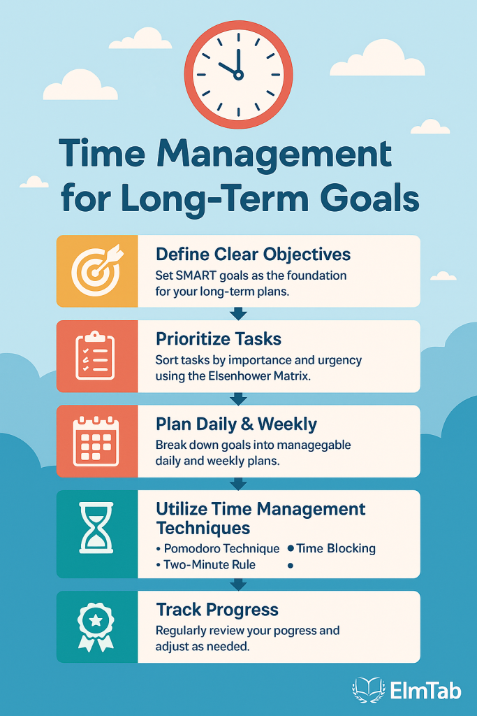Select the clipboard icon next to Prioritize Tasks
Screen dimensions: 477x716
click(95, 356)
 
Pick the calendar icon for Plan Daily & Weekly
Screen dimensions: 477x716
click(96, 441)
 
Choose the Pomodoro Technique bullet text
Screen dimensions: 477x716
click(221, 548)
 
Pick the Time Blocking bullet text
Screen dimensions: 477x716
click(336, 548)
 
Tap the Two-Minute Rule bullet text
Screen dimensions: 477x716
click(210, 565)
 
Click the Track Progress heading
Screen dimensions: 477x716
click(217, 610)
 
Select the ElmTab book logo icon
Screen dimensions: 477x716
click(369, 689)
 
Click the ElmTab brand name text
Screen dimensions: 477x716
click(425, 690)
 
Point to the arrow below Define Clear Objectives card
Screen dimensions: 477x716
click(238, 314)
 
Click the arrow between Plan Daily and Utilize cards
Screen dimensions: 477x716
click(238, 484)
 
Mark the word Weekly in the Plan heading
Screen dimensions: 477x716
click(287, 424)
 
